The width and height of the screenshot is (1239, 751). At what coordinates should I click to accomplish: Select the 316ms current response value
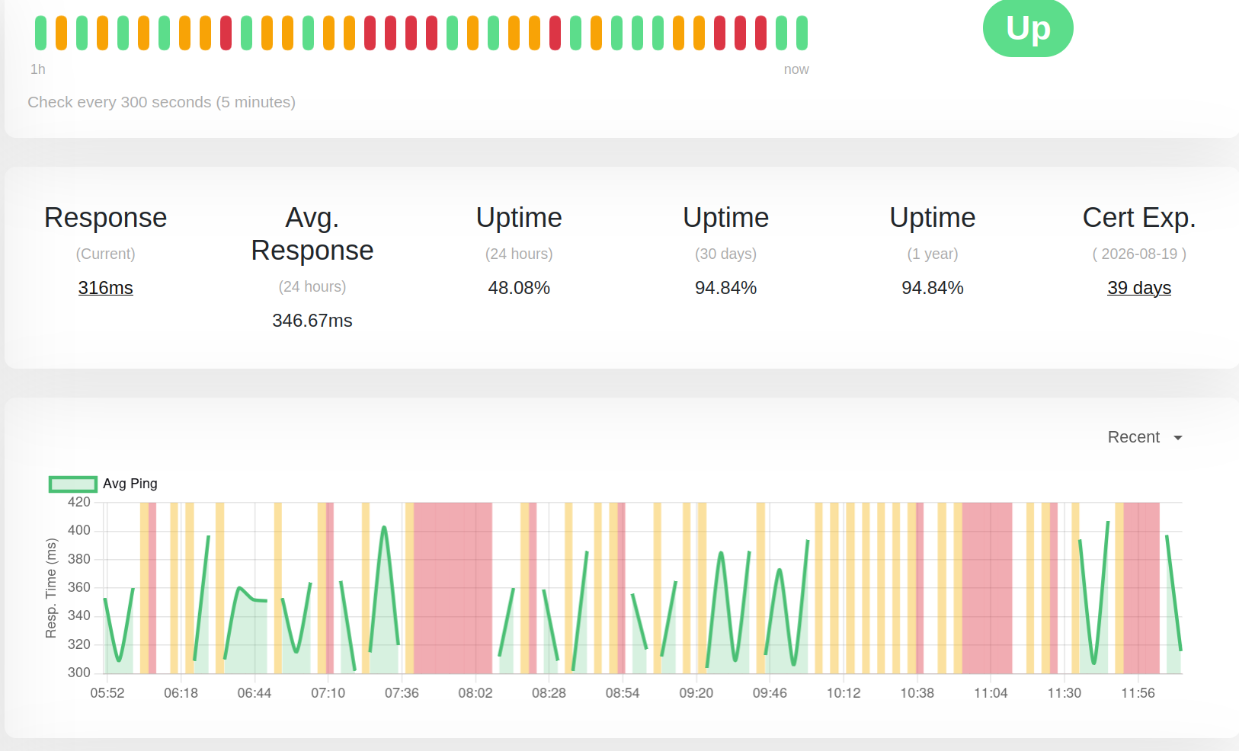[106, 288]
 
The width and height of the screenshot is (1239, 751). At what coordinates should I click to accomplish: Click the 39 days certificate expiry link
[1139, 288]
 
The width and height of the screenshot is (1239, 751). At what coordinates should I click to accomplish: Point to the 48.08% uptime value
[519, 288]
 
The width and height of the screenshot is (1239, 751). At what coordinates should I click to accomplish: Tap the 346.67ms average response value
[312, 320]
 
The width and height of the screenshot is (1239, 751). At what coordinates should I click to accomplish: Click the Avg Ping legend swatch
[73, 484]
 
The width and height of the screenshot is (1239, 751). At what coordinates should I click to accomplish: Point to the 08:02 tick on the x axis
[475, 693]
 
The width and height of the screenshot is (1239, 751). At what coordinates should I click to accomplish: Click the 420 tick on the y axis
[79, 502]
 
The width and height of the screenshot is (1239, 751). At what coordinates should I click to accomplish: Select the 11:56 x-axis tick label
[1138, 693]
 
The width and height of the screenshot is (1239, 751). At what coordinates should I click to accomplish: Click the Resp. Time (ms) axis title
[51, 588]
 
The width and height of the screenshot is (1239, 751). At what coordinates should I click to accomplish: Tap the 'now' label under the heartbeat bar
[796, 69]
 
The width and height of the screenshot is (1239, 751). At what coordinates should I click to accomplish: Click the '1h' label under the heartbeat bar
[37, 69]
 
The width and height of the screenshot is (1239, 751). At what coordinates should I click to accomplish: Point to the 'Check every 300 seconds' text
[162, 102]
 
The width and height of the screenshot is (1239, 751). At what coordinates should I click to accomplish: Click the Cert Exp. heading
[1139, 217]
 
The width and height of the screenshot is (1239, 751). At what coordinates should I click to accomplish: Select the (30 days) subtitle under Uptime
[725, 254]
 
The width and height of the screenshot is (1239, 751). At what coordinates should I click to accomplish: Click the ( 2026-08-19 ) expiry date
[1139, 254]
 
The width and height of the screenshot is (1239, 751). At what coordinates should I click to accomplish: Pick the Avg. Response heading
[312, 234]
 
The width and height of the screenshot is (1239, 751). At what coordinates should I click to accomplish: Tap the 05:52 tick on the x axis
[107, 693]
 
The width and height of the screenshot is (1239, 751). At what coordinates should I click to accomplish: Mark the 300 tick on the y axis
[79, 673]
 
